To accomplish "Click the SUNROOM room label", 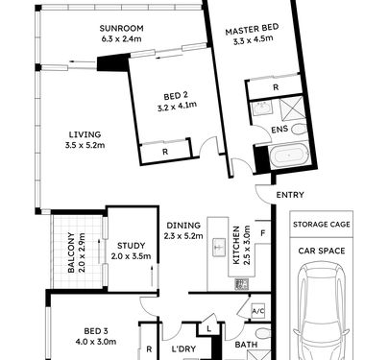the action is pyautogui.click(x=121, y=29).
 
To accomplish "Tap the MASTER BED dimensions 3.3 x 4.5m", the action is pyautogui.click(x=253, y=39).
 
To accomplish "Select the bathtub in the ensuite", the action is pyautogui.click(x=289, y=156).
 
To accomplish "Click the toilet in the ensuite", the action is pyautogui.click(x=300, y=129).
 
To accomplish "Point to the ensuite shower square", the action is pyautogui.click(x=291, y=109).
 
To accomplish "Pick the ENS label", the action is pyautogui.click(x=280, y=130).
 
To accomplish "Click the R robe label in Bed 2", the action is pyautogui.click(x=165, y=152).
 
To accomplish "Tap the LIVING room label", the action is pyautogui.click(x=85, y=134).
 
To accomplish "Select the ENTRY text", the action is pyautogui.click(x=290, y=195).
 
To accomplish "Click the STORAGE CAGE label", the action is pyautogui.click(x=322, y=225).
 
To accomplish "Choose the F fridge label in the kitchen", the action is pyautogui.click(x=263, y=233).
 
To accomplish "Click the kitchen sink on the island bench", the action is pyautogui.click(x=219, y=247).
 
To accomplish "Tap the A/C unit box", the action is pyautogui.click(x=258, y=311).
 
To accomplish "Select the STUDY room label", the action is pyautogui.click(x=131, y=246).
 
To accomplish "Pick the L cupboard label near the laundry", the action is pyautogui.click(x=208, y=328).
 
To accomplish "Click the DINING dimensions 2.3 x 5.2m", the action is pyautogui.click(x=183, y=236).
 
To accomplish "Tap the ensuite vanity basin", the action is pyautogui.click(x=261, y=108).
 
